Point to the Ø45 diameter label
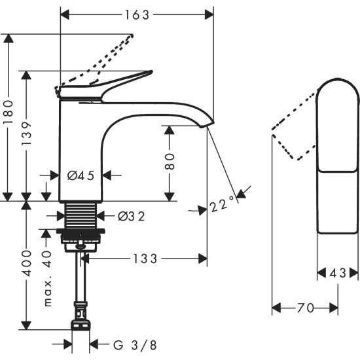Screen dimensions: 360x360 pos(81,175)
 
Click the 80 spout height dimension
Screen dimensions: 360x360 pos(169,162)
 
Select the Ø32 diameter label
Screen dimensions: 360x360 pos(131,215)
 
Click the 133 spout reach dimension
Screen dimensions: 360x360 pos(143,259)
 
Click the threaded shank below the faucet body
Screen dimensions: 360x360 pos(81,215)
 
